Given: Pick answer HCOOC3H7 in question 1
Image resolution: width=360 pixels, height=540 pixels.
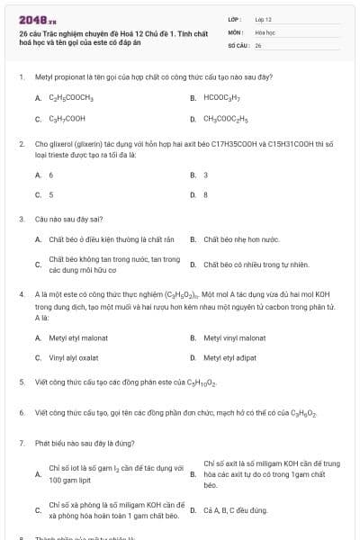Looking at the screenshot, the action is click(x=220, y=97).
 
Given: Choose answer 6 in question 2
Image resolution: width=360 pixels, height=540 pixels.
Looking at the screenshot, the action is click(x=51, y=175).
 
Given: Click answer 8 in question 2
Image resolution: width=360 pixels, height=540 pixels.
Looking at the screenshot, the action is click(x=206, y=194).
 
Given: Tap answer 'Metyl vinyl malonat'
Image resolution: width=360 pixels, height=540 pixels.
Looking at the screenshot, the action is click(x=234, y=337).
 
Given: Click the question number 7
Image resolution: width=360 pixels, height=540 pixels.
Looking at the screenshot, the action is click(x=21, y=443).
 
